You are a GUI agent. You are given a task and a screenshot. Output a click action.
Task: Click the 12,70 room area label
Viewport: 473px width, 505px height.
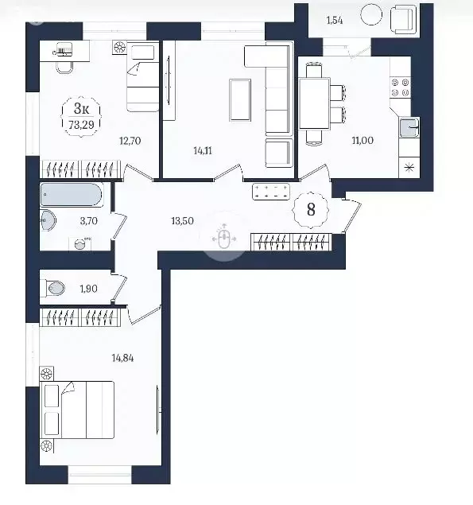pos(130,141)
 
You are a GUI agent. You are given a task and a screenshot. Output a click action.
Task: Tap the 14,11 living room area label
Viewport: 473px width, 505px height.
pos(203,151)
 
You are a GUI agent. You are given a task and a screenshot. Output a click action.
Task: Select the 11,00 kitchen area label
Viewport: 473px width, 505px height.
pos(363,141)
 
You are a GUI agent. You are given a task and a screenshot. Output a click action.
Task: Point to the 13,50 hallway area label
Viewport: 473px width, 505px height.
pos(182,221)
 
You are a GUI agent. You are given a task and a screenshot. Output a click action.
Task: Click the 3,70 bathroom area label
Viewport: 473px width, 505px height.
pos(88,221)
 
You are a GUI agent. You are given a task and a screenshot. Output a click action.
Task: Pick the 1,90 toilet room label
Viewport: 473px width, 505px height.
pos(88,289)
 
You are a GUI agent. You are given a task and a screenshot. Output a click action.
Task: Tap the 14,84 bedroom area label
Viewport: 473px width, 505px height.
pos(122,358)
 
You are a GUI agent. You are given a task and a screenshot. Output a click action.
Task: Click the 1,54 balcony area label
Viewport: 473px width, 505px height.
pos(335,21)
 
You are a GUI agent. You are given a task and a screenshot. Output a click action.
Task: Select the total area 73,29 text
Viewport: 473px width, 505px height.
pos(81,125)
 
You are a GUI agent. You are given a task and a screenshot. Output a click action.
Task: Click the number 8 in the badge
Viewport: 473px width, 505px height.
pos(311,210)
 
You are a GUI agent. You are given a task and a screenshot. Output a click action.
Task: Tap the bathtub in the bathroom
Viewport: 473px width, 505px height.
pos(72,195)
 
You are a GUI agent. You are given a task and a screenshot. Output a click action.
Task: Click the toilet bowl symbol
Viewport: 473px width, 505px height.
pos(56,288)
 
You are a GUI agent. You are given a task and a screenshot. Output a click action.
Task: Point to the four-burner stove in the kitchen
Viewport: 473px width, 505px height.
pos(400,88)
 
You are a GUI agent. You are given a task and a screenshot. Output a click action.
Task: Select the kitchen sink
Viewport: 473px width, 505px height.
pos(409,127)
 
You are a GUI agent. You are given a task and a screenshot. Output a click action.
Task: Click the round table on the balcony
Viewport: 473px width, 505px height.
pos(371,14)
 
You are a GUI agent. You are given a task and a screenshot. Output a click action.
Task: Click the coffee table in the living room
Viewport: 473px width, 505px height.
pos(240,100)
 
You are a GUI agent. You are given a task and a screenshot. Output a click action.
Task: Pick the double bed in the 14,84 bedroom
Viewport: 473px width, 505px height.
pos(77,410)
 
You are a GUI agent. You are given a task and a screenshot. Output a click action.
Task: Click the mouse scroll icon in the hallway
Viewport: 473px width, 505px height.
pos(224,239)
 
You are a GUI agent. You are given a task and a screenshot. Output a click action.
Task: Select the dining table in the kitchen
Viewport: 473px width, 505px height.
pos(314,103)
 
